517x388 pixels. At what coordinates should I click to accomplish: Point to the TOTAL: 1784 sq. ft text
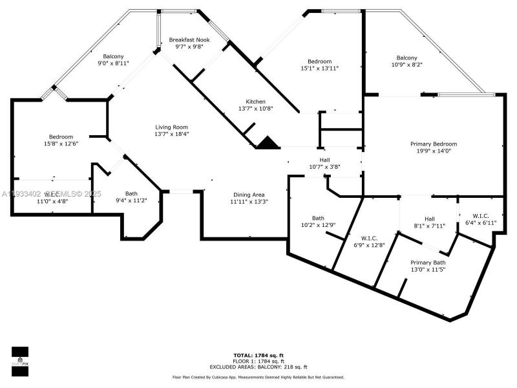click(x=258, y=355)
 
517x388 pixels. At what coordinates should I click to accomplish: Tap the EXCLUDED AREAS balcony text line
click(x=258, y=367)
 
